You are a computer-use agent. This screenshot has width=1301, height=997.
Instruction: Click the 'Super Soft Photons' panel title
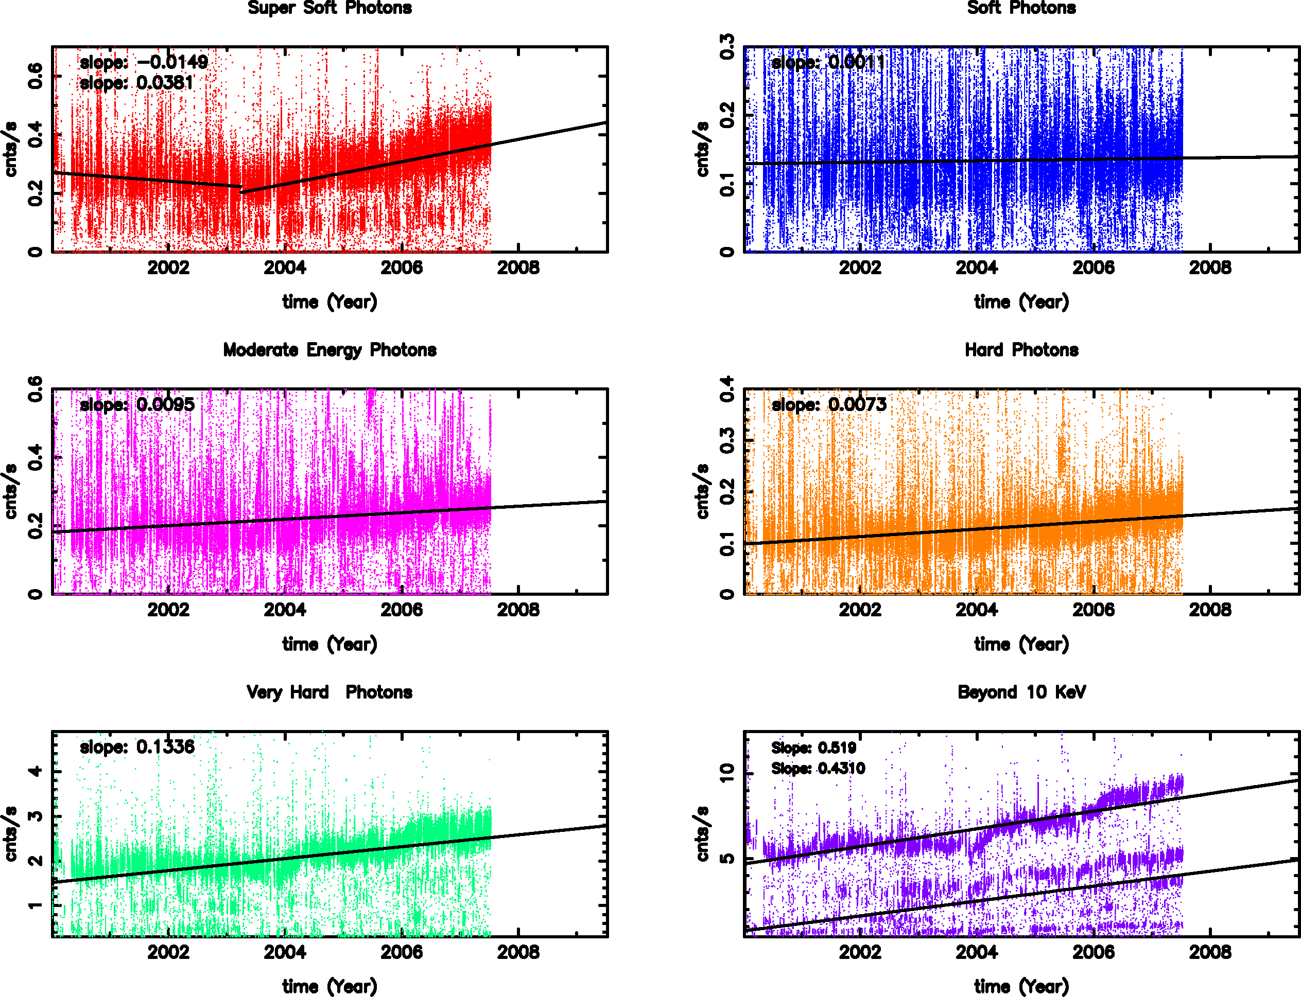coord(329,8)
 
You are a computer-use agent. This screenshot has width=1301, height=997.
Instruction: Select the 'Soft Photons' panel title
coord(1021,8)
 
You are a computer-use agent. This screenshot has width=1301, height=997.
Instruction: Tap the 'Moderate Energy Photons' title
coord(329,350)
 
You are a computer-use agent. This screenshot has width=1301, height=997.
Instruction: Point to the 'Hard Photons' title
coord(1021,350)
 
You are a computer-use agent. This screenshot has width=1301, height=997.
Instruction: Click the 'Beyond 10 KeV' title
coord(1021,692)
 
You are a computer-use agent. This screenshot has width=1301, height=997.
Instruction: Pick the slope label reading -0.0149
coord(144,62)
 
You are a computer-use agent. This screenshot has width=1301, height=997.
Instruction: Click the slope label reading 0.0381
coord(136,82)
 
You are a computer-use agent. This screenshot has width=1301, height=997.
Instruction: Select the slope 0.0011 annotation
coord(828,62)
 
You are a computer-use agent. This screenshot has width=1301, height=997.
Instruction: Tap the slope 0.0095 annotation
coord(137,405)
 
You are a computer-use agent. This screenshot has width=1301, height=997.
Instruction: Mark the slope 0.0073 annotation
coord(828,405)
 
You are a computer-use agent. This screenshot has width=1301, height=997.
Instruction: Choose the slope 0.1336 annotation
coord(137,746)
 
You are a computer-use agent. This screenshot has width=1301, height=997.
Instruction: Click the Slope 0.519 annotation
coord(813,748)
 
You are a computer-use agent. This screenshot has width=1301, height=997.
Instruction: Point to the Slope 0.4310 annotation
coord(818,769)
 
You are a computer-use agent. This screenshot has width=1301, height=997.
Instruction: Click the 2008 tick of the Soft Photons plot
coord(1209,268)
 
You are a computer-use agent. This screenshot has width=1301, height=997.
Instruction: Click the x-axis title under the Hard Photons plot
coord(1021,645)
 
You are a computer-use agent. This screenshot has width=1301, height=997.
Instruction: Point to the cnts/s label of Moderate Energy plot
coord(11,491)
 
